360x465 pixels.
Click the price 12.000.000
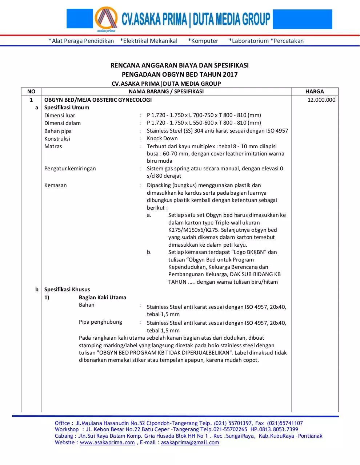(x=321, y=100)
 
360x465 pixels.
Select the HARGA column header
(x=315, y=92)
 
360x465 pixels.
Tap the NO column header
(x=31, y=92)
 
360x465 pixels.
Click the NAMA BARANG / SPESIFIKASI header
(x=166, y=92)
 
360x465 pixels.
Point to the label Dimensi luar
(x=60, y=116)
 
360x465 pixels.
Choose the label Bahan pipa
(x=58, y=131)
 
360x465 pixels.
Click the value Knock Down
(x=162, y=138)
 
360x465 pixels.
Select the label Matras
(x=53, y=146)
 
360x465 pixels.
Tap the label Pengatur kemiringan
(x=70, y=169)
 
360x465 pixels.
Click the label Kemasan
(x=56, y=185)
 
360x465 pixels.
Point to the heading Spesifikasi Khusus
(x=67, y=290)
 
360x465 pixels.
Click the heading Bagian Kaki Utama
(x=103, y=298)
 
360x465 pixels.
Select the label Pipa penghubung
(x=100, y=322)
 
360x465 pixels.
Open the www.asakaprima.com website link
(x=107, y=442)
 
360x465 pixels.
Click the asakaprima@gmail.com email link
(x=190, y=442)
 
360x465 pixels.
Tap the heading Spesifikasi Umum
(x=67, y=108)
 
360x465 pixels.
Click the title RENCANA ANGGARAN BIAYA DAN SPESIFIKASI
(x=180, y=65)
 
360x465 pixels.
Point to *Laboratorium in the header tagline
(x=249, y=41)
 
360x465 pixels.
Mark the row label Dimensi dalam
(x=63, y=123)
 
